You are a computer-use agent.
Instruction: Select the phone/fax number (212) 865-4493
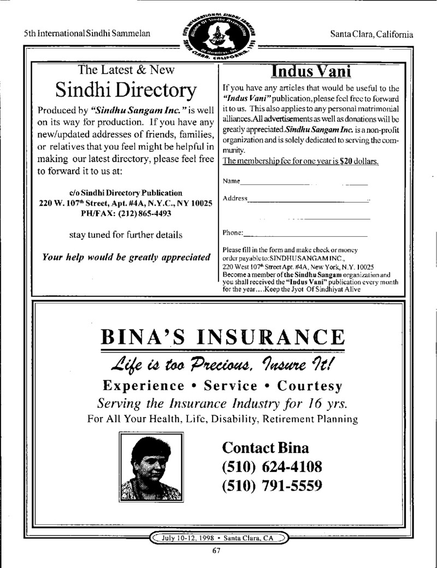144,214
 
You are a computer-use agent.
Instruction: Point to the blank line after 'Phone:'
306,235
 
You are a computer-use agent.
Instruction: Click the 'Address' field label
235,198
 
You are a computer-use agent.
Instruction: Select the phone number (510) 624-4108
271,467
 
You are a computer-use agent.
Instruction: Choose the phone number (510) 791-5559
271,485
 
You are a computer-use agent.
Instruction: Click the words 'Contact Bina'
265,448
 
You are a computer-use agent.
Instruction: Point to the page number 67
216,551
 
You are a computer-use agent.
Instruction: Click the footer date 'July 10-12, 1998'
183,538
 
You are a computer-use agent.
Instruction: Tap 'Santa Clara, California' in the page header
372,34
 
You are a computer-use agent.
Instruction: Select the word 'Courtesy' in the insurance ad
310,386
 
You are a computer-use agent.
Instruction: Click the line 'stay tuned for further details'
126,235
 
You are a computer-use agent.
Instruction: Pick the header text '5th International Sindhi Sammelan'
87,34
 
